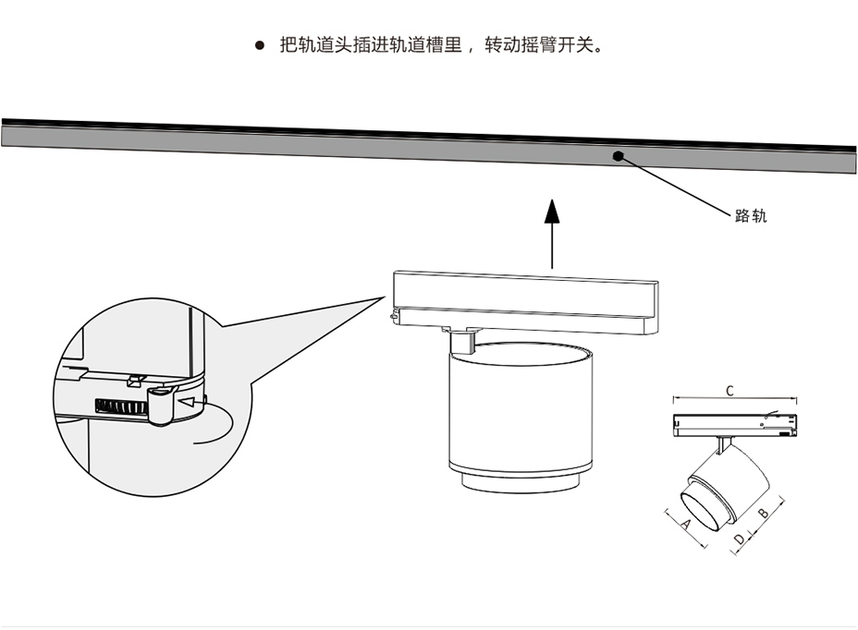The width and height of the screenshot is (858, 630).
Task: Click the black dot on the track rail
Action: [617, 154]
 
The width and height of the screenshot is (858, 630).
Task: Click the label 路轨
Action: [751, 216]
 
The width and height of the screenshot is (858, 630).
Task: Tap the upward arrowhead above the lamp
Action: [552, 212]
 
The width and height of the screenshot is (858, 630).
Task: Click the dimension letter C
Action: [729, 390]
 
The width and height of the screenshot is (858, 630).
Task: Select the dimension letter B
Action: [764, 514]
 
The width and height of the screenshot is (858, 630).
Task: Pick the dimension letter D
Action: [739, 538]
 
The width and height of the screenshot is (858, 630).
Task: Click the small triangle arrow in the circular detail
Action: [190, 402]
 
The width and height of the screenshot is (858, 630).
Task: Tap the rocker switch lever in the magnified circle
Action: [159, 405]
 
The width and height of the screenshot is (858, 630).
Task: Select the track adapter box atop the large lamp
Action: [524, 301]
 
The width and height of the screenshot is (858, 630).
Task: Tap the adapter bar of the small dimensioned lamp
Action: [735, 425]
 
